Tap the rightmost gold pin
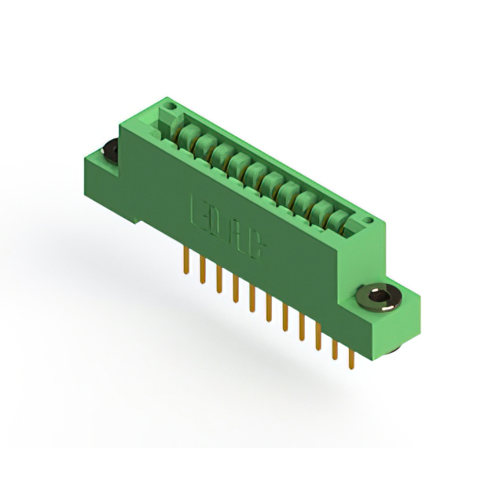[x=352, y=359]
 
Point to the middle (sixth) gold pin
[x=269, y=308]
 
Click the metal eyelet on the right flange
[x=378, y=298]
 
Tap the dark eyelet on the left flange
[x=110, y=152]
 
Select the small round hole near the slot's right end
[x=369, y=221]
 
